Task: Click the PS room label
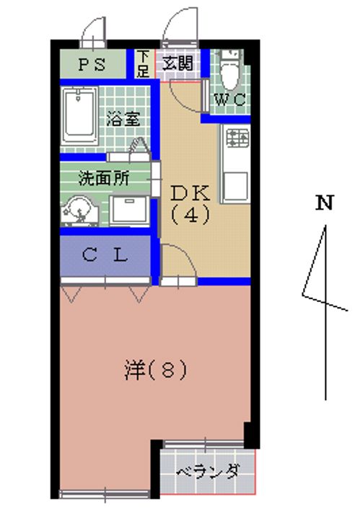tap(92, 65)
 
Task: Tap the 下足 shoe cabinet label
tap(143, 64)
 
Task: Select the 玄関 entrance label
tap(178, 63)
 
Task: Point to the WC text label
tap(231, 99)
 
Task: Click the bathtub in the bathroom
tap(79, 116)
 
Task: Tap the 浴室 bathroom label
tap(123, 118)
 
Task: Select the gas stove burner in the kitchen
tap(237, 138)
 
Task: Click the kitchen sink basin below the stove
tap(235, 186)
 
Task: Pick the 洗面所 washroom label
tap(104, 178)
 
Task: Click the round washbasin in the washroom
tap(79, 210)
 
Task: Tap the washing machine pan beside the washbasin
tap(129, 210)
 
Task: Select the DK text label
tap(190, 193)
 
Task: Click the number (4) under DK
tap(190, 215)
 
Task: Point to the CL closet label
tap(105, 255)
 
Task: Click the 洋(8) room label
tap(155, 370)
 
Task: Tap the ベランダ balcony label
tap(208, 471)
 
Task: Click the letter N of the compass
tap(324, 203)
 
